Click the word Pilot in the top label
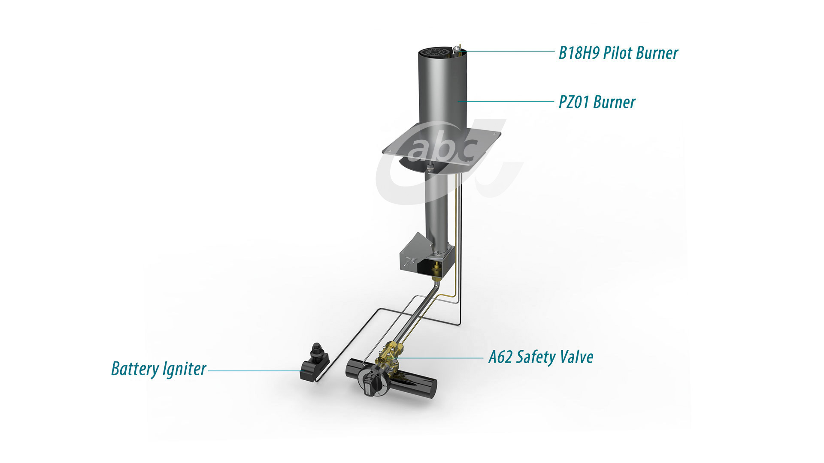point(618,53)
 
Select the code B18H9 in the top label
point(579,53)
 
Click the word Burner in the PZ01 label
point(615,102)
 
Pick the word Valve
point(576,357)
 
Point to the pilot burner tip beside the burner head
point(458,49)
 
